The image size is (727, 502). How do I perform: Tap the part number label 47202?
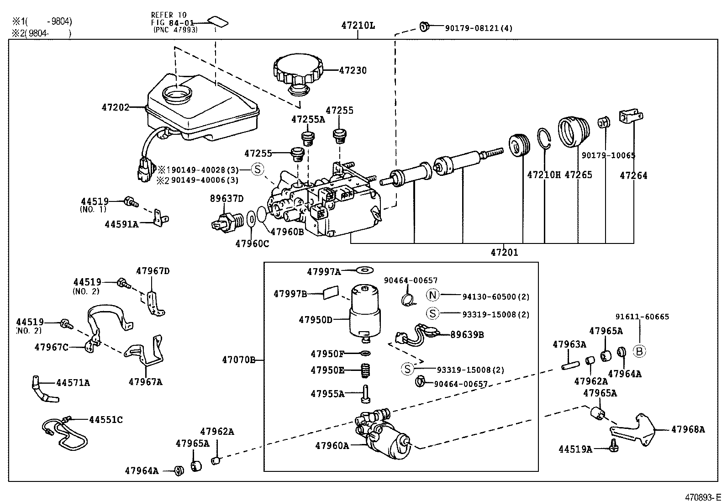115,108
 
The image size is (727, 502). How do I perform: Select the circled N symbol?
432,295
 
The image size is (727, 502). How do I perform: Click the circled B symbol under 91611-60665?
639,351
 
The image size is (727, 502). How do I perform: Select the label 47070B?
238,360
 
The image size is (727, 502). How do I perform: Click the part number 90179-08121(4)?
479,28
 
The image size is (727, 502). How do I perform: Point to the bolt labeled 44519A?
614,445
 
